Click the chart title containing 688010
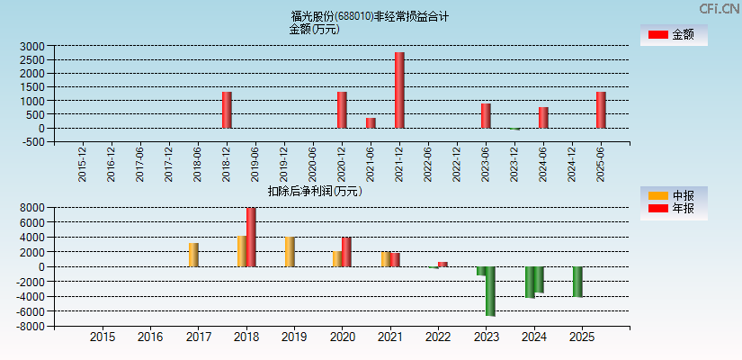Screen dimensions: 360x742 [370, 16]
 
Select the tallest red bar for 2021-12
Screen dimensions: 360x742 [399, 90]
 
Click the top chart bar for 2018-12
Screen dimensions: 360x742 [227, 110]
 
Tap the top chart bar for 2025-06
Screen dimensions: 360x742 [601, 110]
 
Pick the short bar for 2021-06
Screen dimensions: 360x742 [371, 122]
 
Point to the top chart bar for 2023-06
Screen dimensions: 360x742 [486, 115]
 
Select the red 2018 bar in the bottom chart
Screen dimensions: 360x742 [251, 237]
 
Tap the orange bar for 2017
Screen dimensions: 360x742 [193, 255]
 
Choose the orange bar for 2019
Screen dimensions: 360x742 [290, 252]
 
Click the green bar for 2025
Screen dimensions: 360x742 [577, 282]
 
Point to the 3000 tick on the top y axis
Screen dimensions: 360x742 [31, 46]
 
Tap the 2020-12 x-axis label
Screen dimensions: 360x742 [342, 164]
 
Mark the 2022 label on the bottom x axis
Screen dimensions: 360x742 [438, 337]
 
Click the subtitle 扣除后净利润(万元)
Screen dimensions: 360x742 [315, 191]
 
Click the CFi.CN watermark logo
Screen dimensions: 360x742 [719, 9]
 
